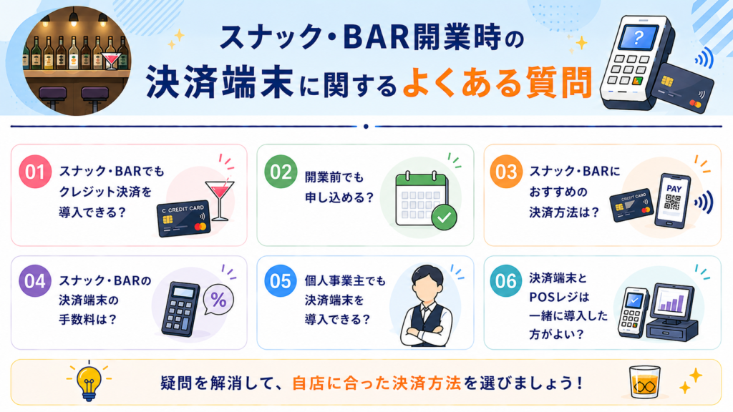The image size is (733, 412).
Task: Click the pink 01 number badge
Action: click(35, 172)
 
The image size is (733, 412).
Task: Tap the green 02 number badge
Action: click(281, 172)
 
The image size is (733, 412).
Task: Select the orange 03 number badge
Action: click(506, 172)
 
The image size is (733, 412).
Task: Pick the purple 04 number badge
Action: click(35, 281)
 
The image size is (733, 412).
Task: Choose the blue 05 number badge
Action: click(281, 281)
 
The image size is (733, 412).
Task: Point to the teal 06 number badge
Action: click(506, 281)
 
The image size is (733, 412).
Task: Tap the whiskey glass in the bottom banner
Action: click(645, 382)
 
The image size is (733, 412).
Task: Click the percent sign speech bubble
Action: click(218, 300)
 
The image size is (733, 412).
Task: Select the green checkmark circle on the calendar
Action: click(444, 217)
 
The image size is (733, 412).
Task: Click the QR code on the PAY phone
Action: click(673, 202)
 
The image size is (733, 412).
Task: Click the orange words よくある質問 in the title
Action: click(497, 83)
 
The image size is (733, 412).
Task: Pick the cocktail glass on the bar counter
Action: click(111, 60)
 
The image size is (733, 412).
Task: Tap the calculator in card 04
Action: click(180, 309)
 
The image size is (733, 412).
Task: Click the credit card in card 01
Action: click(183, 220)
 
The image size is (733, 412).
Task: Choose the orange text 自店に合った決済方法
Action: click(377, 383)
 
